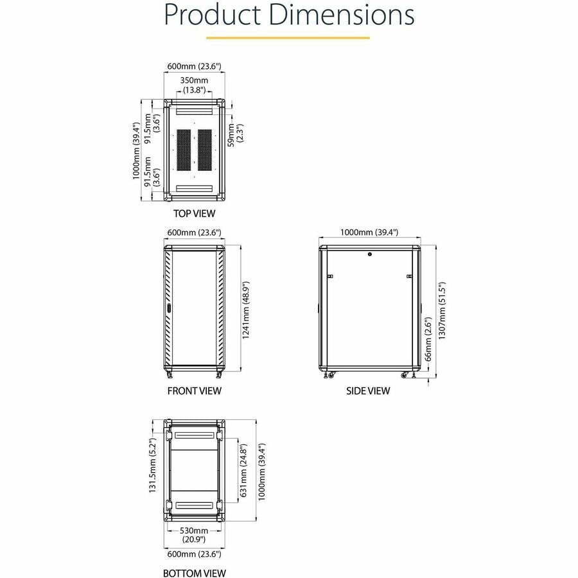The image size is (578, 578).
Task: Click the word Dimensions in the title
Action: coord(342,15)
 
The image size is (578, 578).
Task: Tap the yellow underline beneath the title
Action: coord(288,38)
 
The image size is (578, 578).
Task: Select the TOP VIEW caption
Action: coord(194,213)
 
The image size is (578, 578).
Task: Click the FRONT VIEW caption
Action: coord(194,390)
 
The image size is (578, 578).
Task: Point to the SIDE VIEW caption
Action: coord(368,390)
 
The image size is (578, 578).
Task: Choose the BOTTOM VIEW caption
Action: coord(194,573)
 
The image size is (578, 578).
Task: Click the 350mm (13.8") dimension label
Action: coord(194,85)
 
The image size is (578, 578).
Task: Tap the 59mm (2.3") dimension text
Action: coord(235,135)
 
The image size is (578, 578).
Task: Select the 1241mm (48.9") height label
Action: coord(245,310)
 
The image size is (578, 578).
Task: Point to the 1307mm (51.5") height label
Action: coord(442,311)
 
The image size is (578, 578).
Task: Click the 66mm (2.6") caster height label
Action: coord(428,338)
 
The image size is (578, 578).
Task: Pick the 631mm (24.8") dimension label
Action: coord(243,470)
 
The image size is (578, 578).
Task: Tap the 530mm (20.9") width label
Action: coord(194,535)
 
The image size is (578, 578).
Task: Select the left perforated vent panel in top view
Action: coord(184,150)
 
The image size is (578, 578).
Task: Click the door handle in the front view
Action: coord(169,308)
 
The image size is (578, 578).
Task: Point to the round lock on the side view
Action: coord(370,254)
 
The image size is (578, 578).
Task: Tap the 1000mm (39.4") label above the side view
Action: coord(369,232)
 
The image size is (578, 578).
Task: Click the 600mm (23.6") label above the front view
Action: coord(194,232)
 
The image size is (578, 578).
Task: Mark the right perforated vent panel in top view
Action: coord(205,150)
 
